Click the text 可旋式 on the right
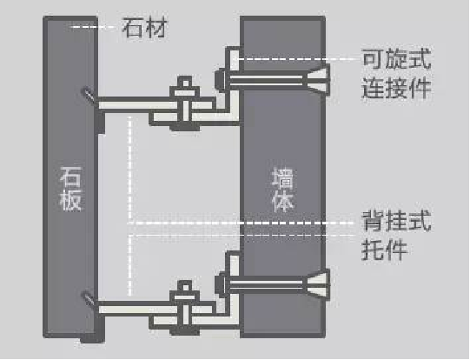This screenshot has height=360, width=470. click(396, 60)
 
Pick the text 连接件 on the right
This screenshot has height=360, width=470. click(396, 87)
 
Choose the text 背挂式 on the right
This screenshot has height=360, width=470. click(396, 223)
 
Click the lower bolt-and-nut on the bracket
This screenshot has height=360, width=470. click(184, 298)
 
